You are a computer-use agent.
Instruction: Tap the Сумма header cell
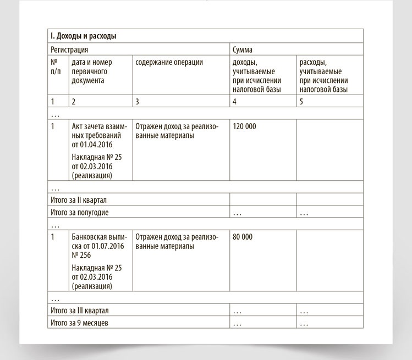(243, 49)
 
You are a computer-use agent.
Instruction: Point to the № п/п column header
(57, 67)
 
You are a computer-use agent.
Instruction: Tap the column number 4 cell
(235, 102)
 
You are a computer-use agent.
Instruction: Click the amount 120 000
(244, 126)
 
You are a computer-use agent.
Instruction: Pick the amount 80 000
(243, 237)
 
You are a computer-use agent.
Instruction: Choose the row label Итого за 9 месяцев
(79, 323)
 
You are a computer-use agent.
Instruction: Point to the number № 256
(81, 255)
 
